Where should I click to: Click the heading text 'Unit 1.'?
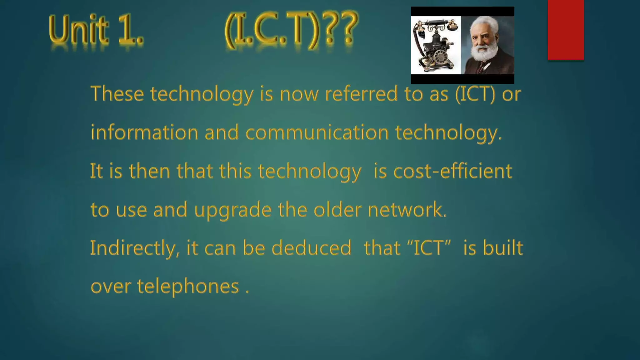[96, 30]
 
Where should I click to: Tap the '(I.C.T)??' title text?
[291, 29]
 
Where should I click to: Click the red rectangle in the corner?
[566, 30]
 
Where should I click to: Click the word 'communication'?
[317, 132]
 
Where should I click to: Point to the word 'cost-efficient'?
[452, 171]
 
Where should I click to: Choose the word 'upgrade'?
[233, 210]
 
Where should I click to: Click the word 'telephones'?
[188, 287]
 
